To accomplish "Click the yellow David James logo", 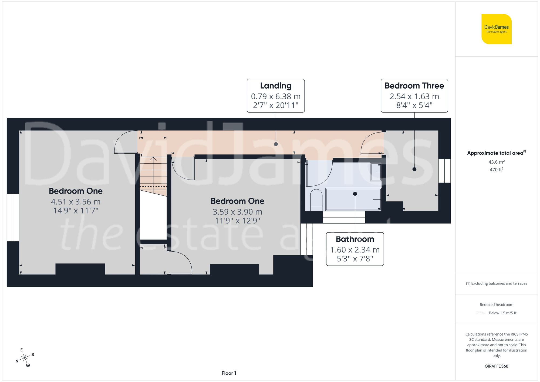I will click(x=496, y=29).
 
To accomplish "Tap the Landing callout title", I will click(x=276, y=86).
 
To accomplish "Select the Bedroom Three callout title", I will click(x=414, y=86).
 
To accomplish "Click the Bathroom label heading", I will click(x=355, y=239).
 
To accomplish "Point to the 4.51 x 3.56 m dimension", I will click(x=76, y=202).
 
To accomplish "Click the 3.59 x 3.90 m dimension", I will click(x=237, y=212).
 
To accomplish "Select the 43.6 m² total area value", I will click(x=496, y=162).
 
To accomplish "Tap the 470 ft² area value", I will click(x=496, y=170).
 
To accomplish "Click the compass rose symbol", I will click(x=25, y=358).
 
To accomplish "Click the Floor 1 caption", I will click(x=229, y=373).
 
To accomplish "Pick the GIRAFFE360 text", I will click(x=496, y=366).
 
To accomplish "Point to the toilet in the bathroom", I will click(x=316, y=200).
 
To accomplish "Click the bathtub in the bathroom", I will click(x=353, y=199).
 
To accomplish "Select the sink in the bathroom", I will click(x=376, y=172).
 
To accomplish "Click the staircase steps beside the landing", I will click(x=153, y=173).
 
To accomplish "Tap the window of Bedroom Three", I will click(x=444, y=171).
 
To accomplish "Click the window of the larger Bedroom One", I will click(x=13, y=217).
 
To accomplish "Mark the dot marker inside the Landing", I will click(x=276, y=144).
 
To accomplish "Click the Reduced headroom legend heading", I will click(x=496, y=305).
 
